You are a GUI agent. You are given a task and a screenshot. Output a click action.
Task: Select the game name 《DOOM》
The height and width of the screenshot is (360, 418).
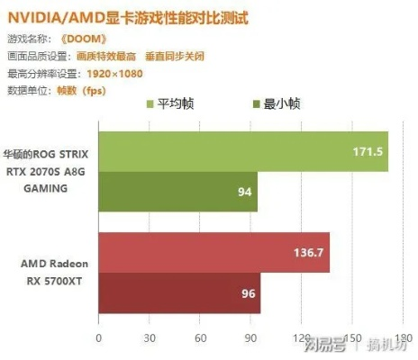86,40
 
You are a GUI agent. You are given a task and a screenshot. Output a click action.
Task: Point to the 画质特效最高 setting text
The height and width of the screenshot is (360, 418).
100,56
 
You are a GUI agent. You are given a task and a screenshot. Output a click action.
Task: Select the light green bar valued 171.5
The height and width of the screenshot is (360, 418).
242,151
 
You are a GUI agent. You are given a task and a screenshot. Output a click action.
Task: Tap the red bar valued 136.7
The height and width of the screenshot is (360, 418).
214,252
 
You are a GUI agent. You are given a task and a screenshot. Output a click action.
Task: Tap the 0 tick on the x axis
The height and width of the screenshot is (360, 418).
98,340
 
